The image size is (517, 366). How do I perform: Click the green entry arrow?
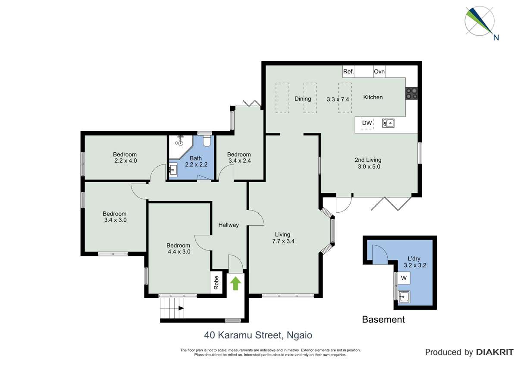(x=235, y=283)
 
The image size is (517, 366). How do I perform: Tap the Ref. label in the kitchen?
(x=348, y=72)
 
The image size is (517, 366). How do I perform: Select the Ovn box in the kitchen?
(x=379, y=72)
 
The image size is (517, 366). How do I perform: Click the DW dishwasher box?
(x=367, y=124)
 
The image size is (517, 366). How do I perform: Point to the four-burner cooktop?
(x=411, y=93)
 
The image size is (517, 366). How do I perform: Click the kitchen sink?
(x=388, y=123)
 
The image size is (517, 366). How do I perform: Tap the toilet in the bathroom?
(x=206, y=141)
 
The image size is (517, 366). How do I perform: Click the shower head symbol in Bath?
(x=180, y=139)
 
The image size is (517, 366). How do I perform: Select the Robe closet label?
(x=216, y=283)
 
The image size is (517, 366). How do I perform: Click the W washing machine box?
(x=404, y=278)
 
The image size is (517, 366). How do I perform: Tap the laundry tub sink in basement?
(x=404, y=297)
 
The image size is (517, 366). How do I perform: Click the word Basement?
(x=383, y=320)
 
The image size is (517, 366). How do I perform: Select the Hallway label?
(x=229, y=225)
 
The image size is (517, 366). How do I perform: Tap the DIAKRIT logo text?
(x=495, y=352)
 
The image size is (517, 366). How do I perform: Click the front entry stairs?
(x=172, y=308)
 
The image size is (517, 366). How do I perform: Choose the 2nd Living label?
(x=368, y=160)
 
